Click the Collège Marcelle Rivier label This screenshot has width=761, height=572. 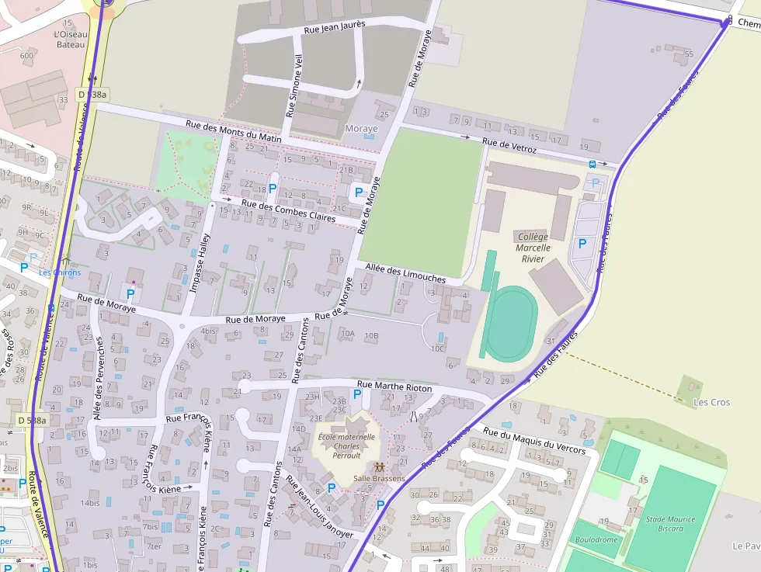(532, 248)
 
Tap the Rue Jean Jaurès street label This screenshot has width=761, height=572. (334, 29)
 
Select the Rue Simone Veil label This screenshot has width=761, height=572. (295, 86)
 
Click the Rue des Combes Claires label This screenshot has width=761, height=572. (288, 211)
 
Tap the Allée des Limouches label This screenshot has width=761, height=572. (405, 273)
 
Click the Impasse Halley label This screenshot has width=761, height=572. (200, 263)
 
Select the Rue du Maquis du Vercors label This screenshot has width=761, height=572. (534, 440)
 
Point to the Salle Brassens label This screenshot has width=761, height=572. (379, 478)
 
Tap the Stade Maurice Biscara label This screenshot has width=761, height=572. (670, 524)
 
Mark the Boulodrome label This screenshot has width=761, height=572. (596, 539)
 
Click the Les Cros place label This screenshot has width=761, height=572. (712, 402)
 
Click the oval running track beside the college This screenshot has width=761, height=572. (510, 323)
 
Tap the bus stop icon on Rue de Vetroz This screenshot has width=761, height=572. (593, 164)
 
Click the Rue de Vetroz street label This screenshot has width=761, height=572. (509, 144)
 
